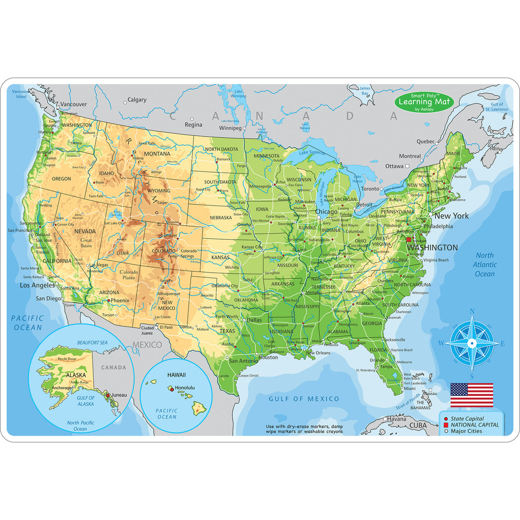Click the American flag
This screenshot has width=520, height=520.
pos(472,395)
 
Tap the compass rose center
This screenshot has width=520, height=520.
pos(472,344)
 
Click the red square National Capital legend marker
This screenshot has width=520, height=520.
pos(446,425)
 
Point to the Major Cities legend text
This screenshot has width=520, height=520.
pos(467,431)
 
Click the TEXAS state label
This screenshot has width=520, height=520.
pos(227,331)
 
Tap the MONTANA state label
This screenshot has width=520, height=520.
pos(157,154)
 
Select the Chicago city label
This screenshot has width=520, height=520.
pos(326,212)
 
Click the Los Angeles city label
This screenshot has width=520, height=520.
pos(37,285)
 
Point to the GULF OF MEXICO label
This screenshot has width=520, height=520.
pos(304,399)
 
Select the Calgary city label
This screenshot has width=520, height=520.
pos(137,100)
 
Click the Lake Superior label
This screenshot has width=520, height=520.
pos(312,152)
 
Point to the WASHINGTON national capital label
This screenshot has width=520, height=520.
pos(432,248)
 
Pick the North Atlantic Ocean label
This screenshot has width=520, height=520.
pos(484,265)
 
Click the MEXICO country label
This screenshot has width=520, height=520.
pos(147,345)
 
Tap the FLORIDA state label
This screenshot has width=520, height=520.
pos(378,350)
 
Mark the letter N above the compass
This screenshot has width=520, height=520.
pos(472,312)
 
